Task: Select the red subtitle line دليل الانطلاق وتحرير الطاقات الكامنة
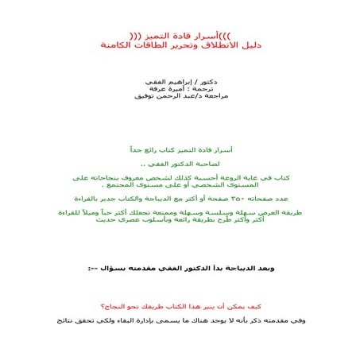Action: (180, 46)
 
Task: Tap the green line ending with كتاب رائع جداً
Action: (180, 149)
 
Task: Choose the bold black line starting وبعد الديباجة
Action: (180, 269)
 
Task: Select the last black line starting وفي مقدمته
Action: (180, 321)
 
